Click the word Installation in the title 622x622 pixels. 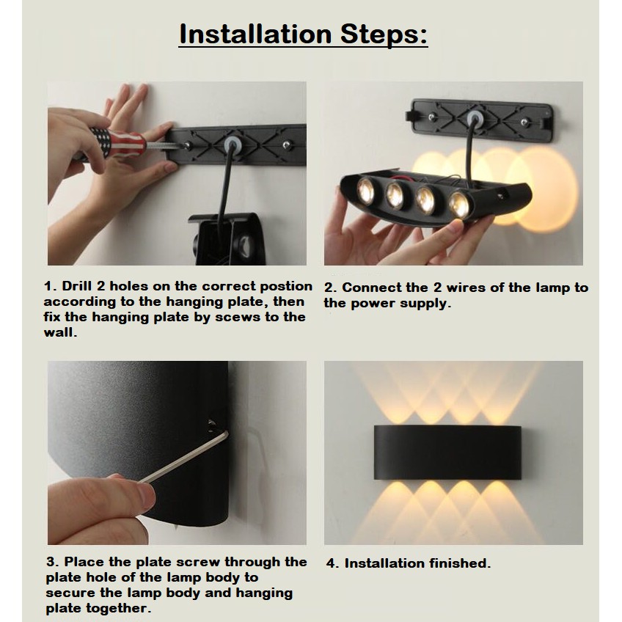(x=255, y=34)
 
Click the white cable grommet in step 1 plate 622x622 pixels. (x=233, y=144)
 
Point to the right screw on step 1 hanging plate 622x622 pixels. (x=287, y=145)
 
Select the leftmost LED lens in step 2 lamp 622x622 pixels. (x=365, y=190)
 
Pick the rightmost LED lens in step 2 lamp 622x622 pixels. (x=459, y=205)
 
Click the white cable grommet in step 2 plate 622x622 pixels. (x=474, y=118)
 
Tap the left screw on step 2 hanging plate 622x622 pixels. (x=432, y=117)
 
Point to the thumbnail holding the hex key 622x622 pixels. (x=146, y=496)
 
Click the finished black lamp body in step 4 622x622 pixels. (x=447, y=453)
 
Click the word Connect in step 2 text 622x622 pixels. (x=371, y=288)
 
